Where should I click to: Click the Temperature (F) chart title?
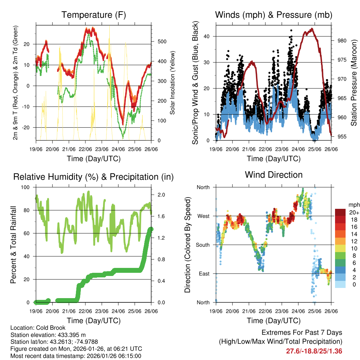pos(94,15)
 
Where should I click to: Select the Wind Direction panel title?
pos(274,175)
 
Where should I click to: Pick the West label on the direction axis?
pos(203,216)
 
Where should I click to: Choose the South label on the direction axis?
pos(202,245)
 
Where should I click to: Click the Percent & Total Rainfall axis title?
pos(13,245)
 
